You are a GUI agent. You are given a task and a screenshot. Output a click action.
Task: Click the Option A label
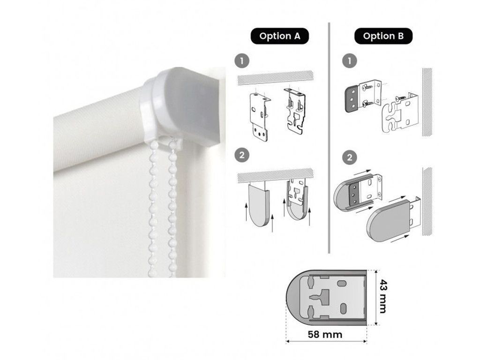[279, 36]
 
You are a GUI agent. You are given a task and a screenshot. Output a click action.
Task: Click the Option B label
[383, 36]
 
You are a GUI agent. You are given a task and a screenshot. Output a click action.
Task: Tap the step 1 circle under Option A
[242, 60]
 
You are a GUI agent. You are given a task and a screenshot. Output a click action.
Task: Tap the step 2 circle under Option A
[242, 155]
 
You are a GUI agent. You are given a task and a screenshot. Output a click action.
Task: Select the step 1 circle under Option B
[350, 60]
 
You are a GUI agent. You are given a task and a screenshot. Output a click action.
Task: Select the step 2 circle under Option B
[350, 157]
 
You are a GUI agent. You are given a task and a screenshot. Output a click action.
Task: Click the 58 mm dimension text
[325, 334]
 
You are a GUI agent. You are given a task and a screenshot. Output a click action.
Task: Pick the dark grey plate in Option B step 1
[352, 98]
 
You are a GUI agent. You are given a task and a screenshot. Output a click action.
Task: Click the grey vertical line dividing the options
[329, 138]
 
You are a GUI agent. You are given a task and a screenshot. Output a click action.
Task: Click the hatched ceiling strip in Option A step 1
[276, 78]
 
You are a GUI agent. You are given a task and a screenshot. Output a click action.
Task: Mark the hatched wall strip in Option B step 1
[427, 102]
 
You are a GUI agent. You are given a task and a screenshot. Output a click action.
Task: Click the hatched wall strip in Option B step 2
[427, 202]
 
